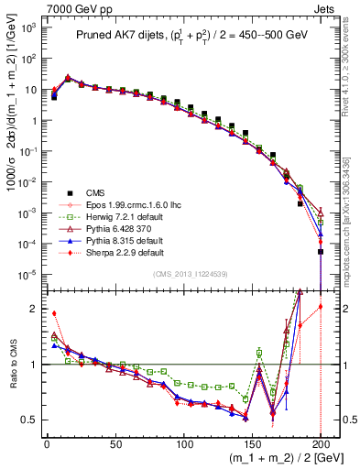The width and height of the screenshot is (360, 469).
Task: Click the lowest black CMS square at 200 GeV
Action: pyautogui.click(x=321, y=251)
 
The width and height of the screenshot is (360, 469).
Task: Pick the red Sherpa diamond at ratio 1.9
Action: pyautogui.click(x=54, y=313)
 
